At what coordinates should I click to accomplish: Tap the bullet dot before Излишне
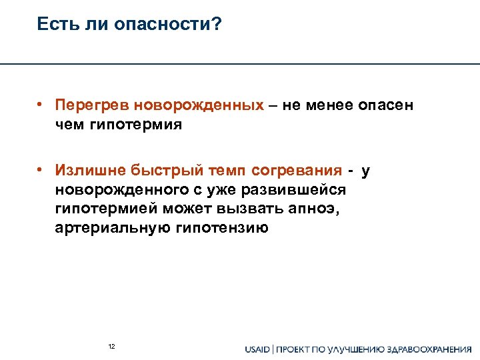pyautogui.click(x=41, y=171)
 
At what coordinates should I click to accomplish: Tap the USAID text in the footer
pyautogui.click(x=258, y=349)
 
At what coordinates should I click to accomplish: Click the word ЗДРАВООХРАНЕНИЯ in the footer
pyautogui.click(x=431, y=349)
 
